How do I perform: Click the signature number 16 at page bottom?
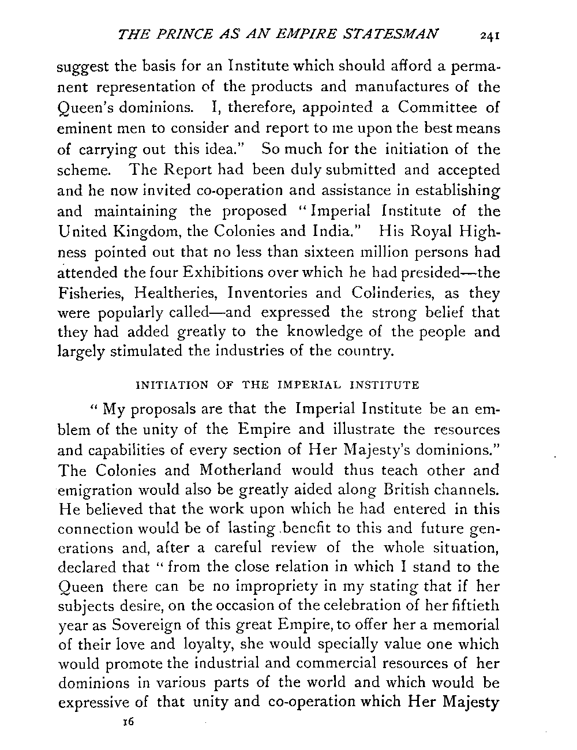[128, 721]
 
